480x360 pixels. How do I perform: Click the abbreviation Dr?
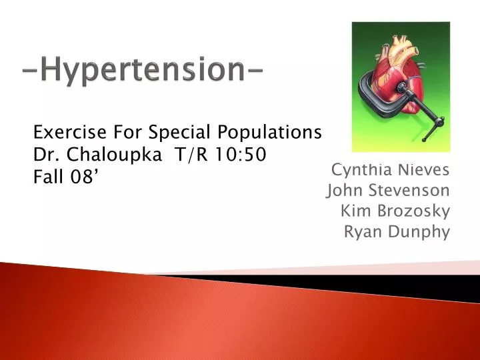pos(45,155)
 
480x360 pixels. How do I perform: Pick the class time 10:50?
pos(243,155)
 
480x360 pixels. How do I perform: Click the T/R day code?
pos(191,155)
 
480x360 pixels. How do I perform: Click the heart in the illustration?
pos(400,70)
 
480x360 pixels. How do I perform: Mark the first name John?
pos(344,191)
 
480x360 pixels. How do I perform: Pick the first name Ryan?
pos(361,232)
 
